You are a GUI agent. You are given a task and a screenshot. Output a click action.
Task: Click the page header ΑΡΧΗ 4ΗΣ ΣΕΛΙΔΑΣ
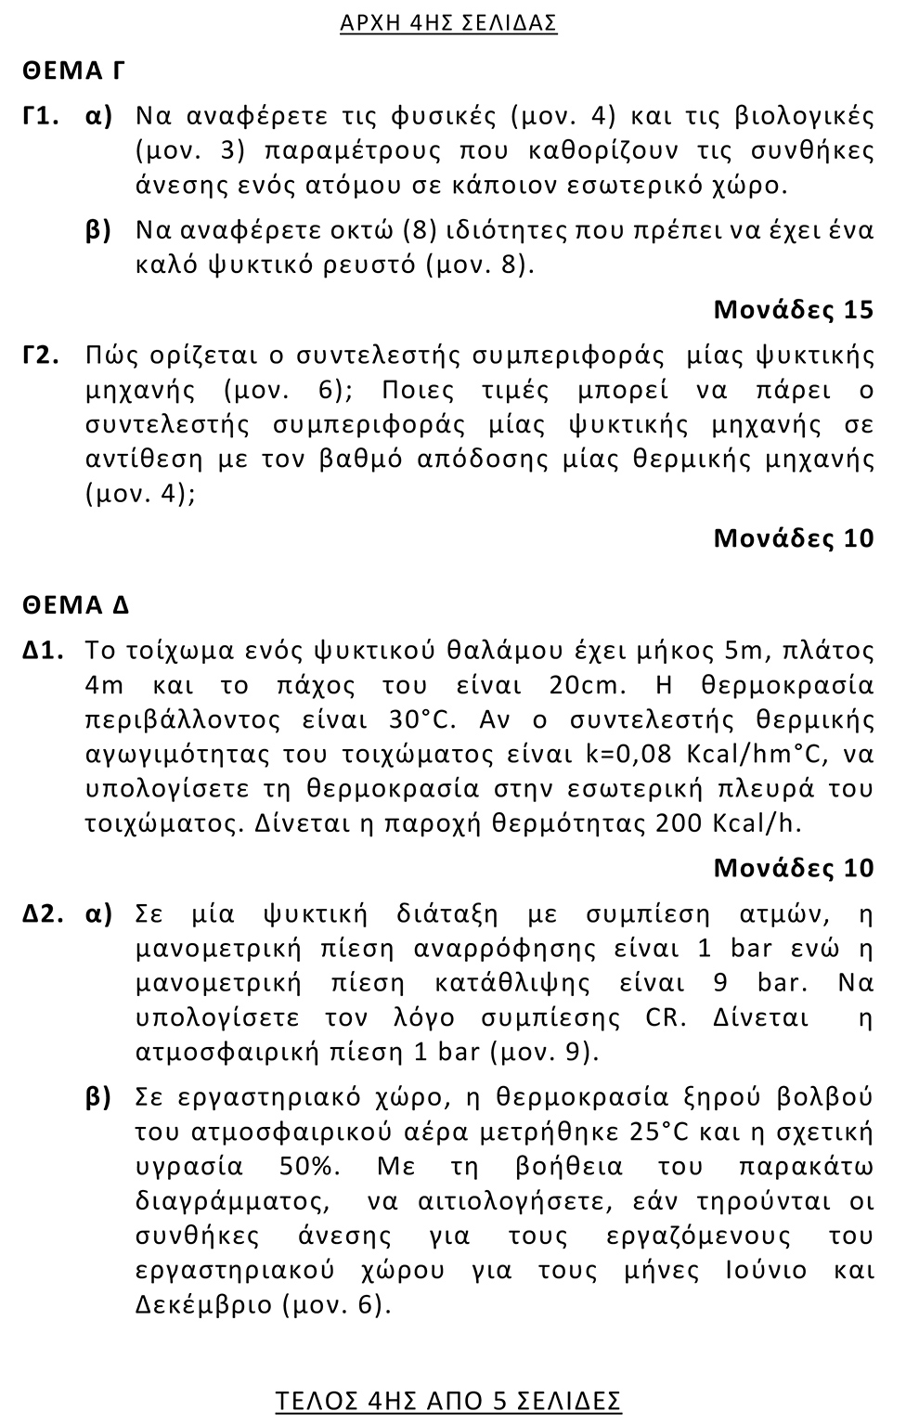click(x=448, y=22)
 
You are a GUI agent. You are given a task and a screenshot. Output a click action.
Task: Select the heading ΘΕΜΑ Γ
click(x=73, y=71)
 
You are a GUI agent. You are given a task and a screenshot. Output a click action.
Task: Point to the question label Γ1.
click(x=42, y=116)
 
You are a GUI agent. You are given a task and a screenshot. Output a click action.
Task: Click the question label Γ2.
click(x=42, y=356)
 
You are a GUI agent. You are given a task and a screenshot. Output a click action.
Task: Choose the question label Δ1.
click(x=43, y=651)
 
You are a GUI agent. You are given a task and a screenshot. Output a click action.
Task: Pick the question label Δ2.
click(x=43, y=914)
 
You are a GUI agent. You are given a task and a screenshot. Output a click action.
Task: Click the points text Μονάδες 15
click(x=794, y=309)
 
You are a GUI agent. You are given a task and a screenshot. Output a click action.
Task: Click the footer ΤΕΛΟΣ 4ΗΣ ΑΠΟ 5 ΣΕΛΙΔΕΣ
click(x=448, y=1401)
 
